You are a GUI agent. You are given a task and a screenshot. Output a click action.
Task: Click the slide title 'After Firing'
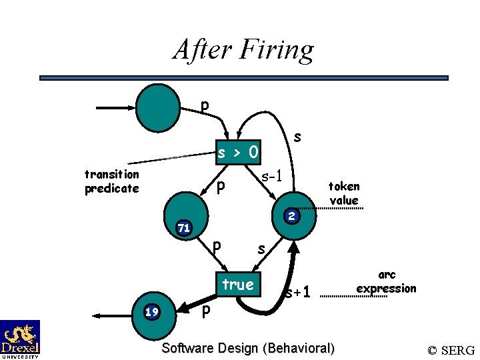pyautogui.click(x=243, y=50)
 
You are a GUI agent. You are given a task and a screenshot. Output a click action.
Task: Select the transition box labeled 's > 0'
pyautogui.click(x=239, y=153)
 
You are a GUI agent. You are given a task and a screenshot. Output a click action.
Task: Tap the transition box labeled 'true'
pyautogui.click(x=238, y=285)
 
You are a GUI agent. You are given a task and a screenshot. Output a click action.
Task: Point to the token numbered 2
pyautogui.click(x=291, y=216)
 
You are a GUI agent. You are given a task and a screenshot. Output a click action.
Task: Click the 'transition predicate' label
pyautogui.click(x=112, y=181)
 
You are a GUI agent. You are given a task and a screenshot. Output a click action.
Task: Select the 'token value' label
pyautogui.click(x=344, y=193)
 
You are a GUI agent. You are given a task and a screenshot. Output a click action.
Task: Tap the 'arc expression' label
pyautogui.click(x=386, y=282)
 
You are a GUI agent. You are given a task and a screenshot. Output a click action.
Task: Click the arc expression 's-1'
pyautogui.click(x=272, y=177)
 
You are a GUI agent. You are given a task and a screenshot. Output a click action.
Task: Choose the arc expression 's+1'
pyautogui.click(x=298, y=293)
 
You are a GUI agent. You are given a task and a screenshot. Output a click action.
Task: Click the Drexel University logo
pyautogui.click(x=20, y=339)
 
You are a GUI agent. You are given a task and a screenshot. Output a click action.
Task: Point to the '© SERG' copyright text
pyautogui.click(x=451, y=350)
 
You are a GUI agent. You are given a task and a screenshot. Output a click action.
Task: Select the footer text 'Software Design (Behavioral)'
pyautogui.click(x=248, y=348)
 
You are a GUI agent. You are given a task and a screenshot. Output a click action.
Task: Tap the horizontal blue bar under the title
pyautogui.click(x=244, y=78)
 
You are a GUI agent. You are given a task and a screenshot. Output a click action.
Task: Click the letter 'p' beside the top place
pyautogui.click(x=205, y=105)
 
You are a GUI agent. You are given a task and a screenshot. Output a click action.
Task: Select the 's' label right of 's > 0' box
pyautogui.click(x=297, y=137)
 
